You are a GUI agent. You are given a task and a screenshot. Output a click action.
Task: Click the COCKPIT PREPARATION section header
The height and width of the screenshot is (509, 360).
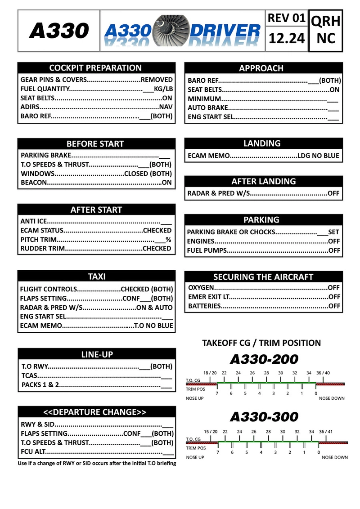pos(95,68)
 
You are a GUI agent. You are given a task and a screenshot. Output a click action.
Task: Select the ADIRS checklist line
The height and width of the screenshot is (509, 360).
pos(96,107)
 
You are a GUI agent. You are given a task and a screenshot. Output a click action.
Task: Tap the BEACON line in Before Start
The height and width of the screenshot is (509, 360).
pos(96,183)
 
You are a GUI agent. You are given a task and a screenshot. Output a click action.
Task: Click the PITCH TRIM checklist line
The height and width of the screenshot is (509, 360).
pos(96,240)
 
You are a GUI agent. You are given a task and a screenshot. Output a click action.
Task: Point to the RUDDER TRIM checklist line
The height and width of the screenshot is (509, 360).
pos(96,249)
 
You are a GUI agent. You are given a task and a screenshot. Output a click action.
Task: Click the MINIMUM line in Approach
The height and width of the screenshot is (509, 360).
pos(263,99)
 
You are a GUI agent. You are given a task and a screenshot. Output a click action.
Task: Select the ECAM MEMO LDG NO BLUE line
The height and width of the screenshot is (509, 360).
pos(263,156)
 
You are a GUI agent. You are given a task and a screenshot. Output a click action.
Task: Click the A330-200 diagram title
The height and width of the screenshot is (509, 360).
pos(264,359)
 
